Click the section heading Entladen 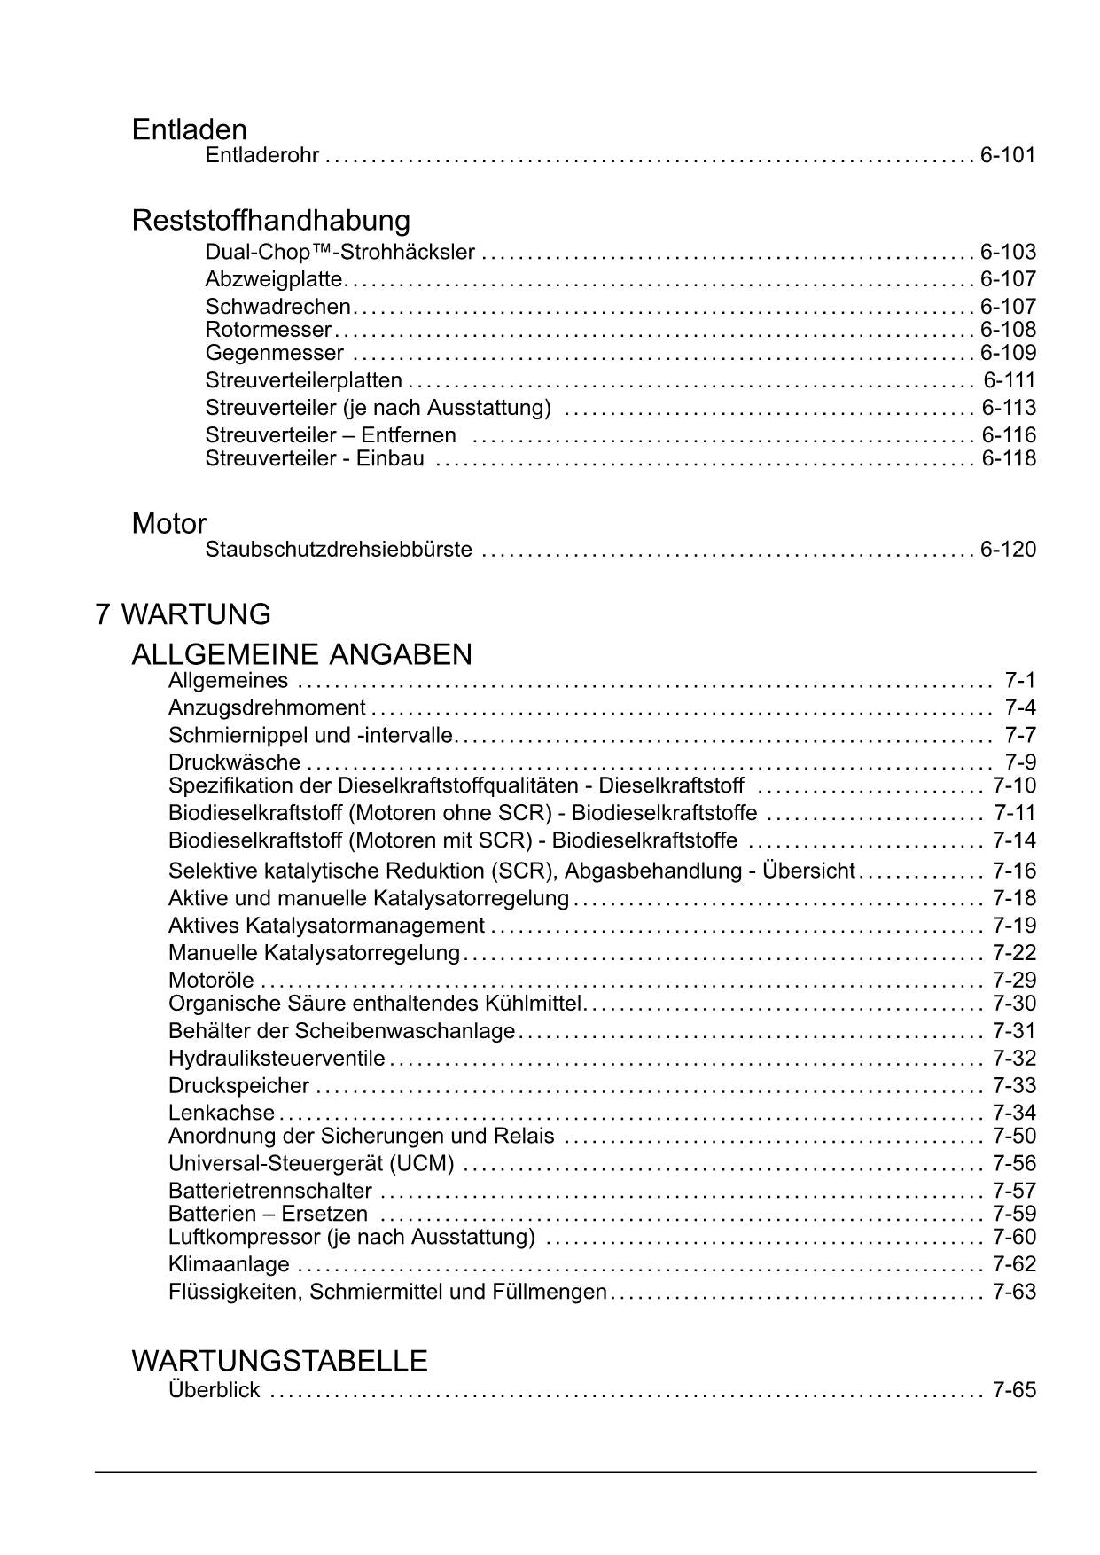click(x=189, y=130)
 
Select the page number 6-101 click(x=1008, y=156)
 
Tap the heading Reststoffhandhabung click(x=270, y=220)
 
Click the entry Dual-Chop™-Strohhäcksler click(x=339, y=253)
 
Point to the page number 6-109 click(x=1008, y=353)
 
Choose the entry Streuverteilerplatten click(x=303, y=381)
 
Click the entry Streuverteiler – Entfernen click(x=331, y=435)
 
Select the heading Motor click(x=168, y=523)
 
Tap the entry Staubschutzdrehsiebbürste click(x=339, y=550)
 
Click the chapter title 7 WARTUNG click(x=183, y=614)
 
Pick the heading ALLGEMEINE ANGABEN click(x=301, y=654)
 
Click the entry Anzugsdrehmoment click(x=267, y=708)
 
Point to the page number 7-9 click(x=1020, y=762)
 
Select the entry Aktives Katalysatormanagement click(x=326, y=926)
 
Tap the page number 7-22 click(x=1014, y=953)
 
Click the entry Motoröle click(x=211, y=981)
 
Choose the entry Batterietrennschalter click(x=270, y=1191)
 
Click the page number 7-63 click(x=1014, y=1292)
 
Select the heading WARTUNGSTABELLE click(x=279, y=1361)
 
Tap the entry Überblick click(x=214, y=1390)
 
